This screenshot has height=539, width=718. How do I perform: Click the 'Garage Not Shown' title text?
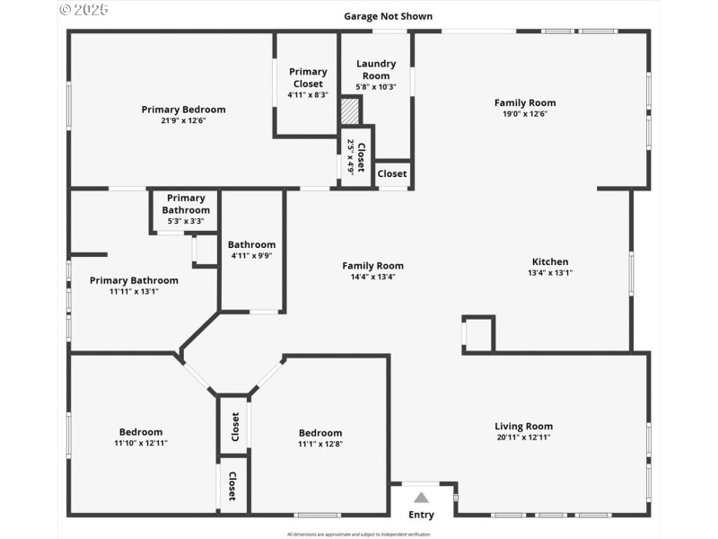click(388, 16)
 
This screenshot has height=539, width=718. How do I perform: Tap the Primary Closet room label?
click(308, 77)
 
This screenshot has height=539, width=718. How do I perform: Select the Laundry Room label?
click(376, 69)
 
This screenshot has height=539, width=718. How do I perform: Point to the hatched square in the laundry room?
click(350, 111)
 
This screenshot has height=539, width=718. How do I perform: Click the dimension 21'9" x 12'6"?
click(183, 120)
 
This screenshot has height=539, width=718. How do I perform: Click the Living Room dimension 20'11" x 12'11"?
click(523, 437)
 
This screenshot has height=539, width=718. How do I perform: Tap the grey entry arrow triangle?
click(421, 497)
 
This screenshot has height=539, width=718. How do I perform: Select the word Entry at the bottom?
click(421, 515)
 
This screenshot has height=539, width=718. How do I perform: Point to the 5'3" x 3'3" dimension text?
click(186, 221)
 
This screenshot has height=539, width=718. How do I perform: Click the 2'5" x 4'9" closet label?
click(357, 158)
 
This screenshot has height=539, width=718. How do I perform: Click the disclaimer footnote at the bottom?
click(358, 534)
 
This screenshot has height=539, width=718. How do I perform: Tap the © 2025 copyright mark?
click(83, 10)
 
